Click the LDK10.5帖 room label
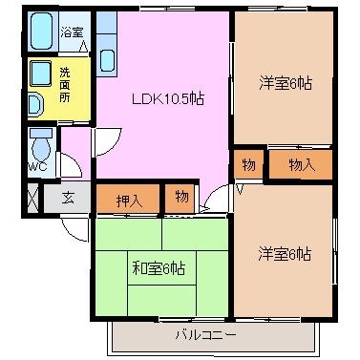tap(168, 99)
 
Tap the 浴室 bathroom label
tap(72, 32)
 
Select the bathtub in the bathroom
tap(41, 31)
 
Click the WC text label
tap(37, 166)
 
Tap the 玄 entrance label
tap(69, 198)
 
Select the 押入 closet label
tap(129, 201)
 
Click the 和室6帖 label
tap(159, 268)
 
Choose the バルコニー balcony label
tap(206, 335)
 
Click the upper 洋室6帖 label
tap(286, 83)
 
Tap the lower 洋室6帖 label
tap(285, 254)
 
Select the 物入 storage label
tap(302, 165)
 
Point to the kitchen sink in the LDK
tap(107, 61)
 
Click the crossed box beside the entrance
tap(32, 198)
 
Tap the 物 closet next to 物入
tap(248, 164)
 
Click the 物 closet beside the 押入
tap(181, 198)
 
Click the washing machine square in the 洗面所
tap(40, 74)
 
